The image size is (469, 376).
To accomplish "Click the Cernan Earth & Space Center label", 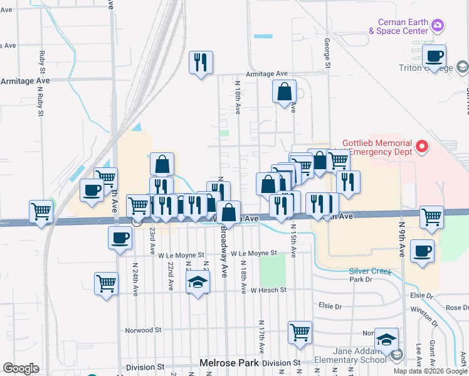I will (399, 26).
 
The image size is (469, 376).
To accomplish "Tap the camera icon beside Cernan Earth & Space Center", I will (438, 25).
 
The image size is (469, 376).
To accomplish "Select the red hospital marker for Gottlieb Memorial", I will (423, 147).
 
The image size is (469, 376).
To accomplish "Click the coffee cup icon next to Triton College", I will (433, 56).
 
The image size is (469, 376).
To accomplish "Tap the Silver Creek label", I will (371, 271).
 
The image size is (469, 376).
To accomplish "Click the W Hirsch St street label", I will (268, 290).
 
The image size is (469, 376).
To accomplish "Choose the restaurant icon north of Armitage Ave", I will (201, 62).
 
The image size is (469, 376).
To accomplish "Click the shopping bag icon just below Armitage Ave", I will (284, 91).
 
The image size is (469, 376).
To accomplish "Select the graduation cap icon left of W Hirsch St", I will (198, 283).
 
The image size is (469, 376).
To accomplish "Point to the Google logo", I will (21, 368).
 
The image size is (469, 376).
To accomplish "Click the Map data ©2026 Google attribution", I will (430, 371).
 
